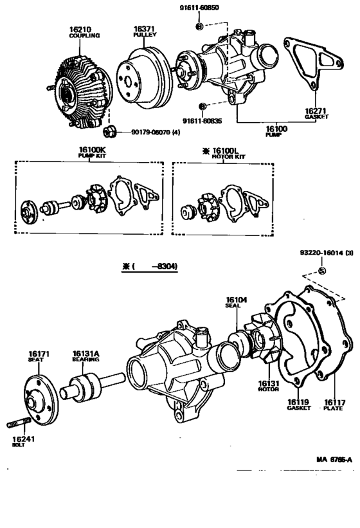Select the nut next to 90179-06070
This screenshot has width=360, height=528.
[x=109, y=132]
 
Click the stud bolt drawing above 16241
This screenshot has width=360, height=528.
[x=21, y=424]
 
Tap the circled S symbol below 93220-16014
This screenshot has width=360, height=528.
[x=322, y=271]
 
